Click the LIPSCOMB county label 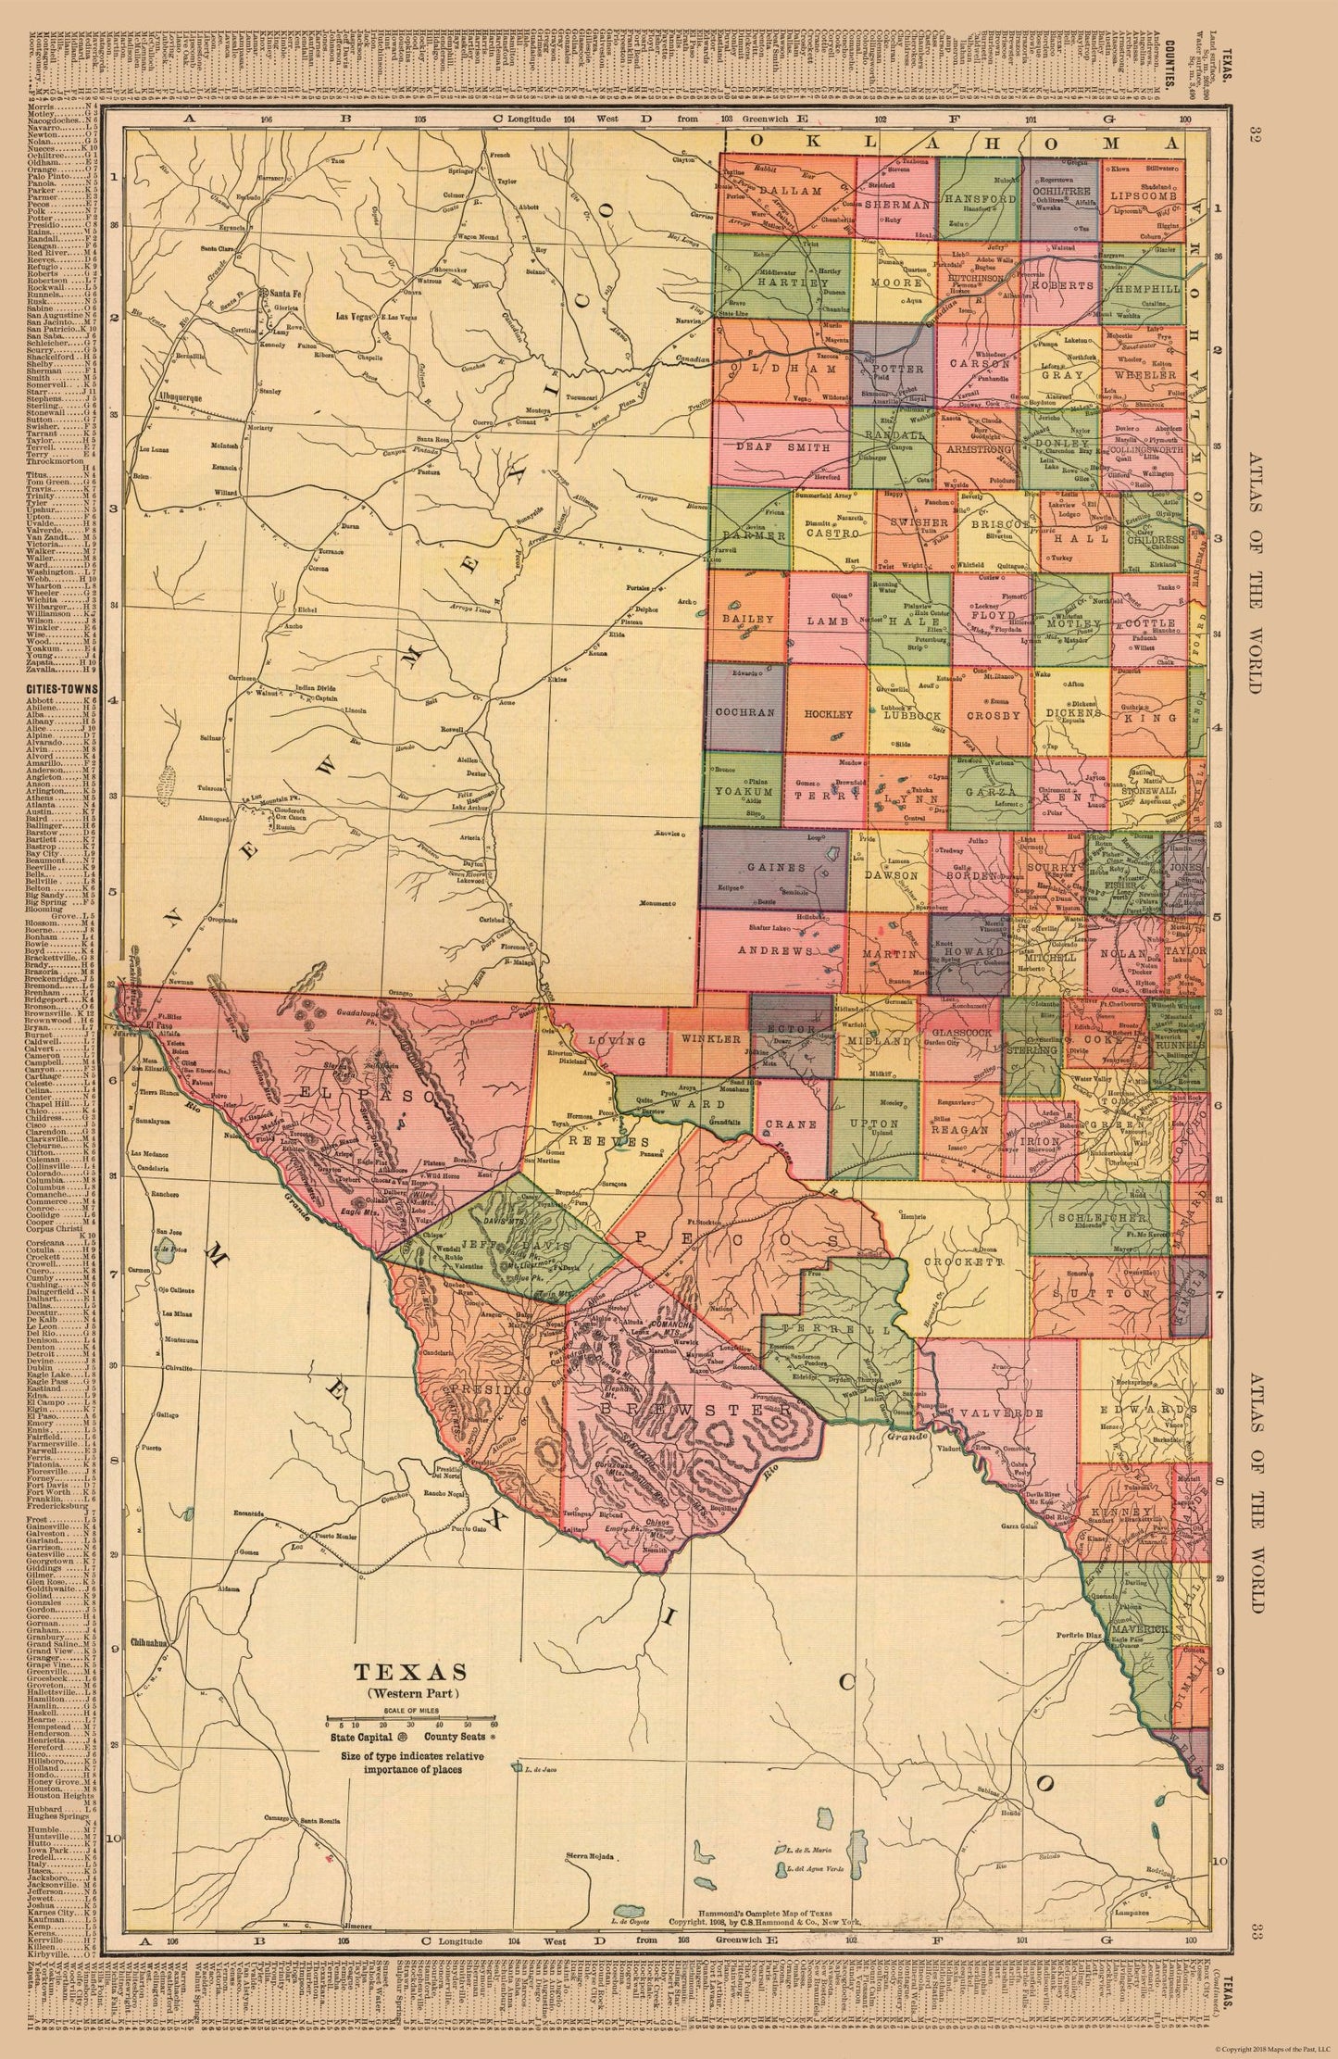(x=1141, y=197)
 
